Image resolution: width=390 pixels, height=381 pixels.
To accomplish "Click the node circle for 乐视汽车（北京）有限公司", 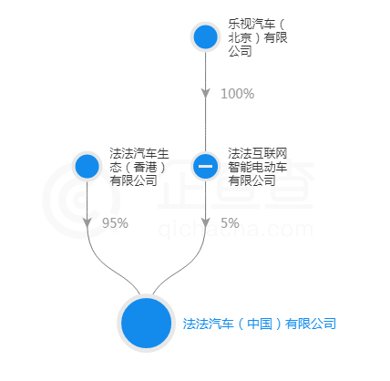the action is click(206, 36).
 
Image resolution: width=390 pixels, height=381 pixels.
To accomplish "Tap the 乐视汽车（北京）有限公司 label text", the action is click(258, 37).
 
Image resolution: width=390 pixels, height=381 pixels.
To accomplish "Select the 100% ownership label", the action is click(237, 94).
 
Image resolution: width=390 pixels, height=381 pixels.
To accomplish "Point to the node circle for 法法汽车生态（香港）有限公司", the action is click(87, 166).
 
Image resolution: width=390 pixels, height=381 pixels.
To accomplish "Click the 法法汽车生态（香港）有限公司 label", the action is click(139, 167).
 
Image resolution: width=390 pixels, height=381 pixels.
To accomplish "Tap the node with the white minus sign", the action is click(206, 166).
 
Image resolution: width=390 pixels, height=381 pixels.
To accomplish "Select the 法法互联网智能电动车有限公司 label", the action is click(258, 167).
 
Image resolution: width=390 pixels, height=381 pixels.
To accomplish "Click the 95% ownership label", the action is click(115, 223).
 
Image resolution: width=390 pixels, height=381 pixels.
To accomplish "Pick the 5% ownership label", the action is click(230, 223).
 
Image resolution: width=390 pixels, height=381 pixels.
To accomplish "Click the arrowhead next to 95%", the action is click(87, 222).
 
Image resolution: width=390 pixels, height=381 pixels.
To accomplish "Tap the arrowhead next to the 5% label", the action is click(206, 222).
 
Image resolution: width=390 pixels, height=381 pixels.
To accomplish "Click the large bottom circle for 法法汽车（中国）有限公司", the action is click(147, 323).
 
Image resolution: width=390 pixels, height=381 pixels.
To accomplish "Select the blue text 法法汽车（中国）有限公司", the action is click(260, 324).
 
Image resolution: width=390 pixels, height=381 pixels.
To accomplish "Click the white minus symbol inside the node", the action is click(206, 166).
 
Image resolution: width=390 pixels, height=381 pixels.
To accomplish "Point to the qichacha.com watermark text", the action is click(235, 230).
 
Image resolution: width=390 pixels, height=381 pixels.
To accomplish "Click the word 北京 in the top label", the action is click(240, 37).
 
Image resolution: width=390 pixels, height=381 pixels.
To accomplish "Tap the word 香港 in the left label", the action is click(145, 167).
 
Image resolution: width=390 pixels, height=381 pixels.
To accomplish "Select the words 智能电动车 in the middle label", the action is click(258, 167).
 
